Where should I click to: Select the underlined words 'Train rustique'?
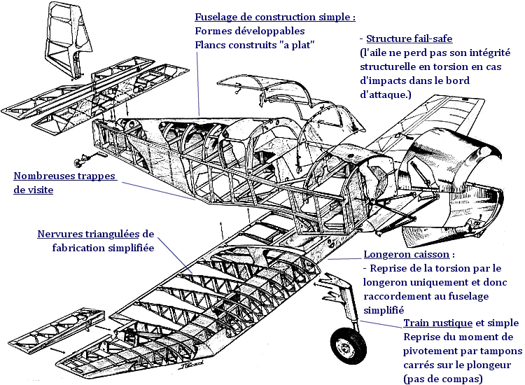437,323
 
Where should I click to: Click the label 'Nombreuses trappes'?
64,176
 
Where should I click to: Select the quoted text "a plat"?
299,45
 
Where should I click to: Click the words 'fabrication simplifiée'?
102,247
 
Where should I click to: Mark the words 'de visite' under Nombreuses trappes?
33,190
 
